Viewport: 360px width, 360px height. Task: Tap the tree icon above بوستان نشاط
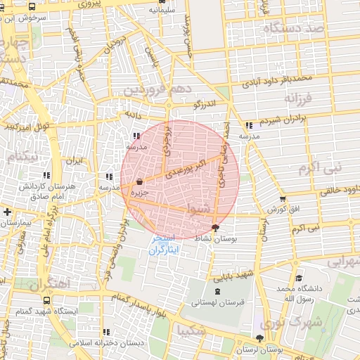coord(215,227)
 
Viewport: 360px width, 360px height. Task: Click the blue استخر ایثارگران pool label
coord(168,245)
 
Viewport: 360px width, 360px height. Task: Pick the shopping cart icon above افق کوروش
coord(283,199)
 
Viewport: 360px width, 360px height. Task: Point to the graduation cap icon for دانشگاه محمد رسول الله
coord(299,278)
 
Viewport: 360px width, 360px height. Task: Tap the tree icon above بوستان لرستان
coord(259,338)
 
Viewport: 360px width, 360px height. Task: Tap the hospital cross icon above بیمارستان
coord(7,212)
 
